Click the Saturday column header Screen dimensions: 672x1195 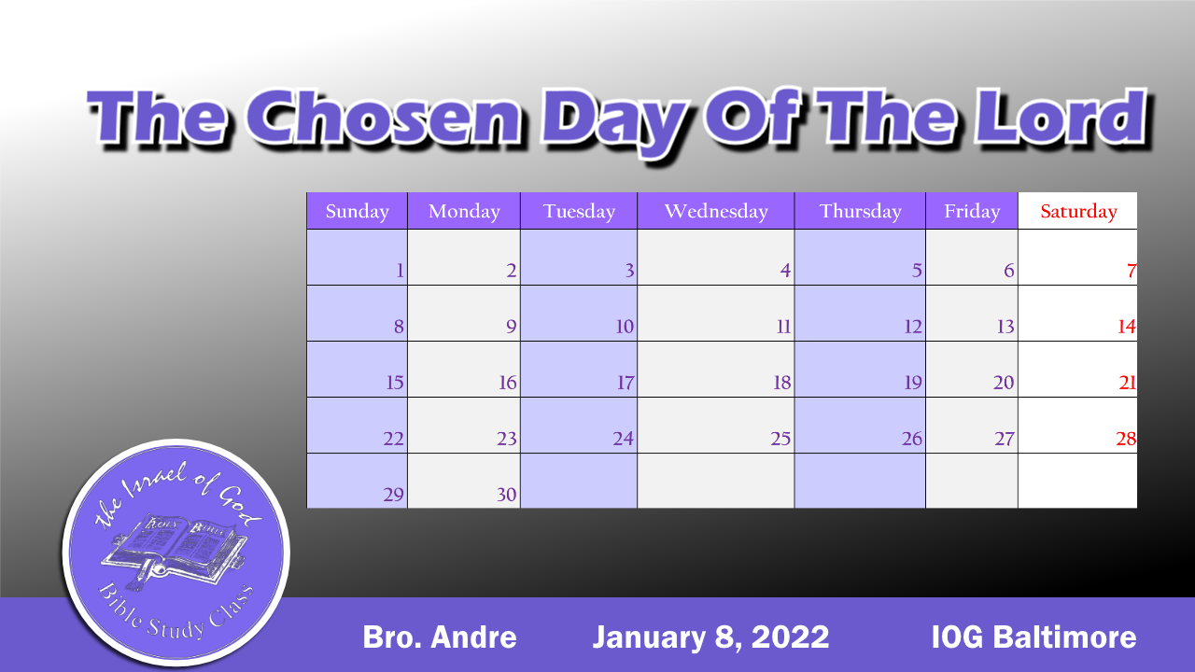[1078, 212]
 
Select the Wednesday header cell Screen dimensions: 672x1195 [716, 212]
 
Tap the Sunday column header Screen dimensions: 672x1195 [358, 212]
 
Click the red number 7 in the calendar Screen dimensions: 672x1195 [1131, 272]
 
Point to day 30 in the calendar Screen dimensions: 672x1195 [506, 495]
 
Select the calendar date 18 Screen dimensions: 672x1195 [781, 383]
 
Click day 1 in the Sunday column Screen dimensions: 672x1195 [400, 272]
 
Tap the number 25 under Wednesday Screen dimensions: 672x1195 [780, 439]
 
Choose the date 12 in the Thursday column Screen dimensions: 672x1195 [912, 328]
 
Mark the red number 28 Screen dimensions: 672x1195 [1125, 439]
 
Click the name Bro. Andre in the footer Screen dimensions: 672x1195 [439, 637]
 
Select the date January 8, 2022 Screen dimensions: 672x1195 [710, 637]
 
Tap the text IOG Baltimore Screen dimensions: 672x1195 [1033, 637]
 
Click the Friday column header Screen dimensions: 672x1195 [972, 212]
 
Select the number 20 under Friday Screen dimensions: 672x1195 [1004, 383]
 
